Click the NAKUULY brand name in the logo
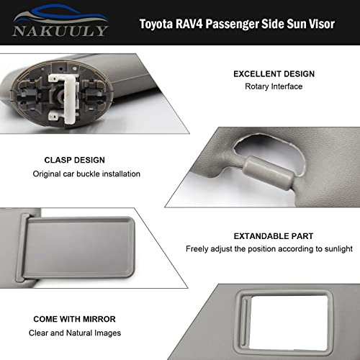59,31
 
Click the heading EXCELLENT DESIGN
274,74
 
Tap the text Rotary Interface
273,87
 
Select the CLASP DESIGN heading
69,160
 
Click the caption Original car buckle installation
86,174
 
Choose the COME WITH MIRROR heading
74,318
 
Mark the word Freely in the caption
198,249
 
